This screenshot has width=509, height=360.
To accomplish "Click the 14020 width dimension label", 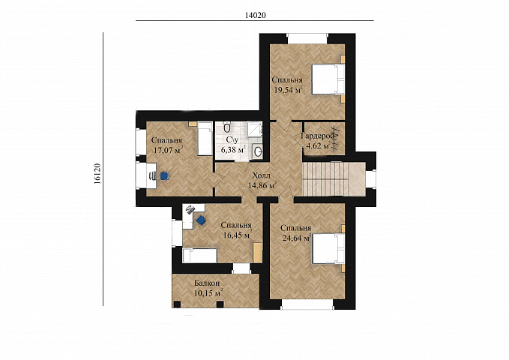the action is tap(256, 15).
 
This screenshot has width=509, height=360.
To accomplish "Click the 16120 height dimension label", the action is tap(97, 174).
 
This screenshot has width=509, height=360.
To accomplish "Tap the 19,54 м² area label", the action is tap(289, 90).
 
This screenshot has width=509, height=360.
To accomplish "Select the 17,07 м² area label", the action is tap(168, 151).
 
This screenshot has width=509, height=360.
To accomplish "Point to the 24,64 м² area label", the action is tap(297, 238).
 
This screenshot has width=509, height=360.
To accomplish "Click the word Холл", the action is tap(262, 176).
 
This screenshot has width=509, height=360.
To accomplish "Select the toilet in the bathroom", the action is tap(227, 127).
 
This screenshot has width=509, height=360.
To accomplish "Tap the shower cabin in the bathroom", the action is tap(255, 130).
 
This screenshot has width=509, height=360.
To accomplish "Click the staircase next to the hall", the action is tap(334, 179).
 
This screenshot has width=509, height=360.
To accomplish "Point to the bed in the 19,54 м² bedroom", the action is tap(328, 79).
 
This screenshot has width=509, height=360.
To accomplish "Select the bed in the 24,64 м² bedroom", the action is tap(328, 248).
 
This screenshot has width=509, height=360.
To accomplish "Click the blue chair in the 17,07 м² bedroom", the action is tap(165, 175).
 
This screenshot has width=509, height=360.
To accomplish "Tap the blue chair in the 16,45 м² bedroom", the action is tap(202, 220).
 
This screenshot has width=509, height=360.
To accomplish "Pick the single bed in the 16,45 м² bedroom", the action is tap(200, 256).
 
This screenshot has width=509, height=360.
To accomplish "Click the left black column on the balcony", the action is tap(177, 304).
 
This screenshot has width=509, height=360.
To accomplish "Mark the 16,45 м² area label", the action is tap(238, 235).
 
